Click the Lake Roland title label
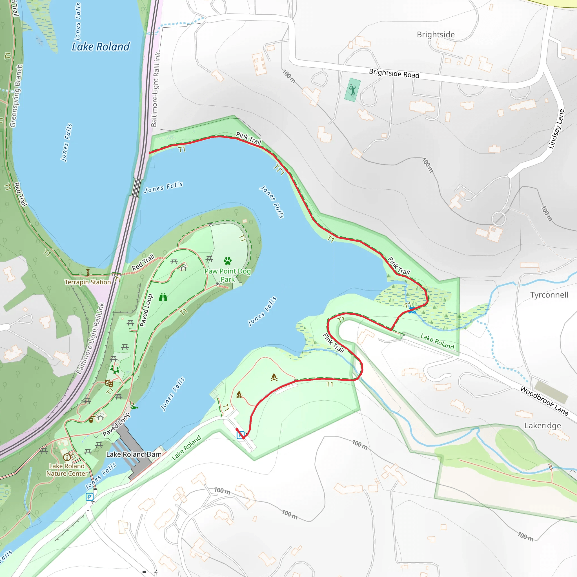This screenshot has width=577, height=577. point(101,47)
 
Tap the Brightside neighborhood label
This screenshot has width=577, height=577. point(436,35)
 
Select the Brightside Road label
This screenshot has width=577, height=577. point(394,73)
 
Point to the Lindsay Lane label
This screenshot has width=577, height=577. point(556,129)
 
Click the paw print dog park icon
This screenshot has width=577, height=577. point(228,261)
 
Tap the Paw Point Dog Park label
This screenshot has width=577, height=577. point(228,275)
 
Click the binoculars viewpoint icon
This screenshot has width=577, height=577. point(163,297)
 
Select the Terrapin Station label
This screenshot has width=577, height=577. point(88,282)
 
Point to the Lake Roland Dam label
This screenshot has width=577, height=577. point(134,454)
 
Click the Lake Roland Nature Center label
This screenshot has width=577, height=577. point(67,470)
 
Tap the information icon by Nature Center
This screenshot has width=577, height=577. point(66,457)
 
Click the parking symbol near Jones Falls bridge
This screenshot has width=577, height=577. point(89,497)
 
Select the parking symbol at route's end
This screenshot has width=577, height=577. point(240,435)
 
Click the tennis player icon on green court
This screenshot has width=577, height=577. point(352,90)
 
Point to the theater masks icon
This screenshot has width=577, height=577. point(109,383)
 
